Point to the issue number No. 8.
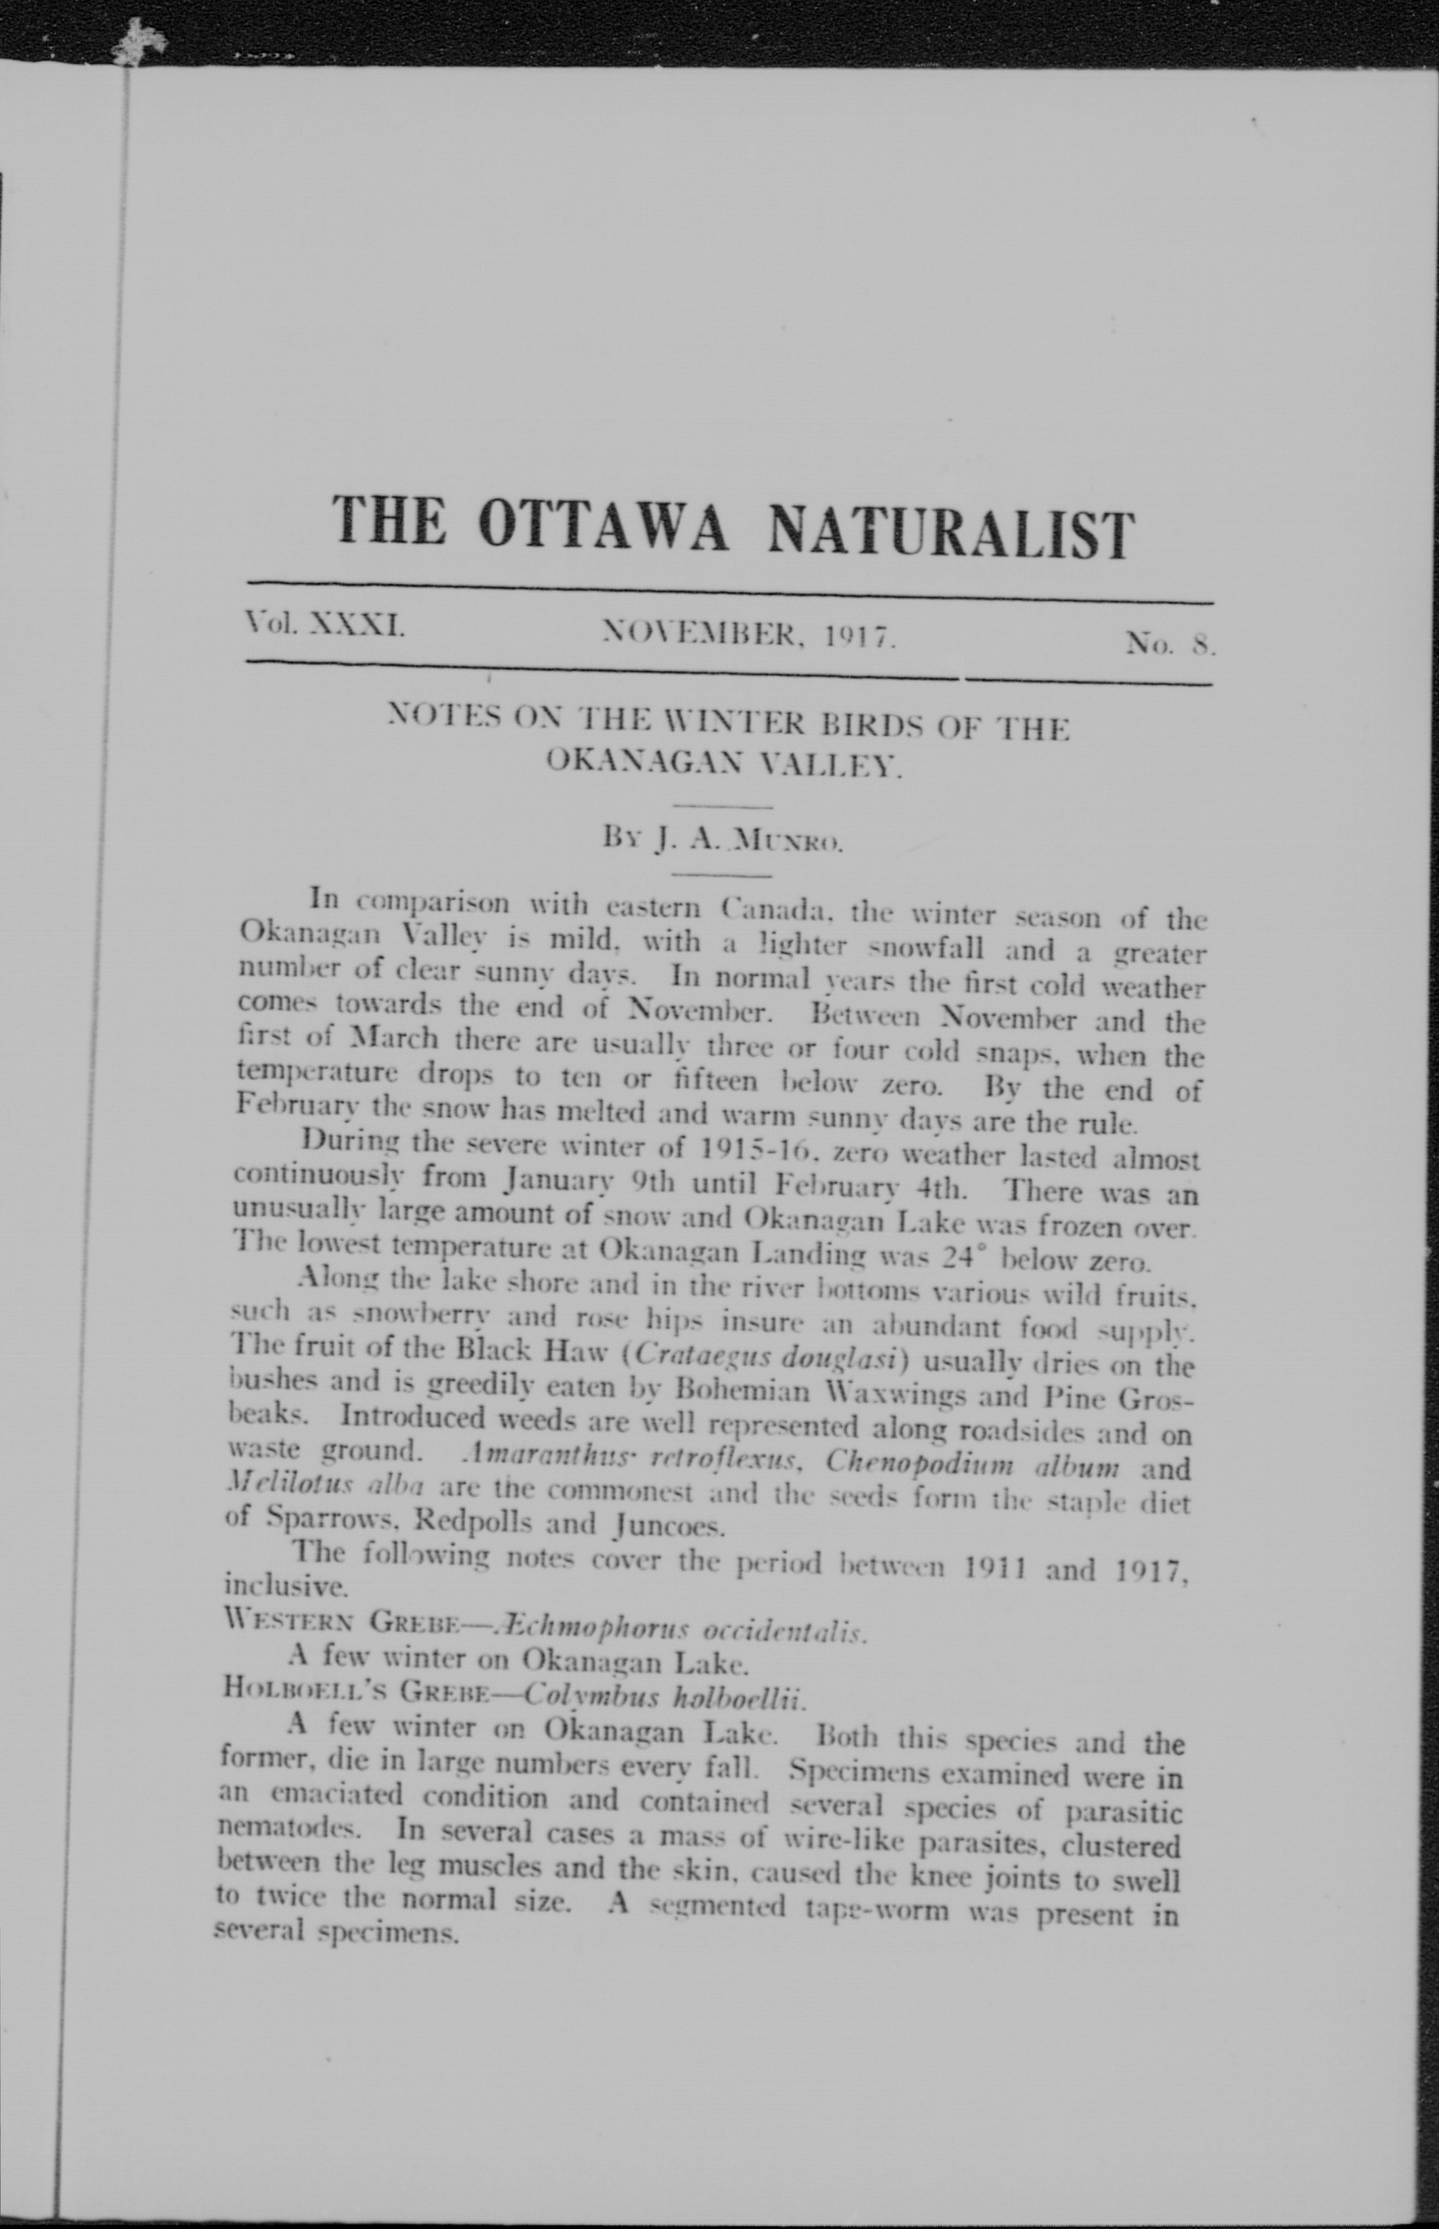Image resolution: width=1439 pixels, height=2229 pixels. pos(1170,643)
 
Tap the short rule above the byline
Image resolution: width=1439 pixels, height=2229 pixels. pos(722,805)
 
